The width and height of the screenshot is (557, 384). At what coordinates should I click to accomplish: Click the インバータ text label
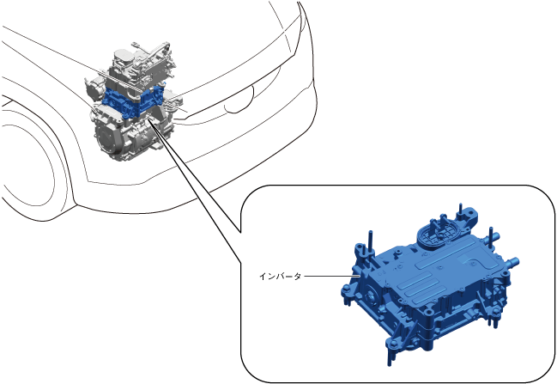pyautogui.click(x=281, y=277)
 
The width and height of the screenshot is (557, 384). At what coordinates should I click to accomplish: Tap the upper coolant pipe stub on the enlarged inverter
pyautogui.click(x=494, y=236)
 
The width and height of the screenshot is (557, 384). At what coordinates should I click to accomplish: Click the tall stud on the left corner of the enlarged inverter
pyautogui.click(x=370, y=242)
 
